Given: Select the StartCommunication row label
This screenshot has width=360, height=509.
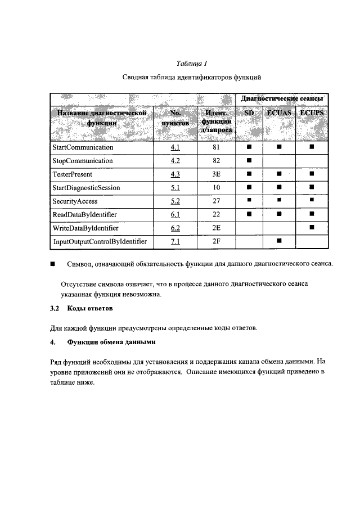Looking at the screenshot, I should click(x=83, y=147).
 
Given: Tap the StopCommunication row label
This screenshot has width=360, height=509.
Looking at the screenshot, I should click(x=82, y=161).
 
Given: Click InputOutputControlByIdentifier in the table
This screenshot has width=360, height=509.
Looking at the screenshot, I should click(x=100, y=241).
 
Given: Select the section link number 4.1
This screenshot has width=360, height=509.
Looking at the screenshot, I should click(x=174, y=147).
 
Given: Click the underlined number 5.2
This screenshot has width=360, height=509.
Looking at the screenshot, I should click(x=174, y=201).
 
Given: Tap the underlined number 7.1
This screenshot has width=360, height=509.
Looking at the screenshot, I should click(x=174, y=241).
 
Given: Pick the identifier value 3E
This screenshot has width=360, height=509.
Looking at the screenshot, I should click(x=215, y=174).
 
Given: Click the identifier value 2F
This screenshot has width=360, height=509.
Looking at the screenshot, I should click(x=215, y=241).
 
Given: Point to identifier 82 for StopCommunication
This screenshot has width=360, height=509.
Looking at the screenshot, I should click(x=215, y=161).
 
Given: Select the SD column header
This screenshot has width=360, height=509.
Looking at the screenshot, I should click(x=249, y=114).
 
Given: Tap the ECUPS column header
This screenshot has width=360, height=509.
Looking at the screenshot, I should click(x=312, y=114).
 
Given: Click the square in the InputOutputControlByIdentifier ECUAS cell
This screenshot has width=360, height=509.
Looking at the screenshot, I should click(x=278, y=241).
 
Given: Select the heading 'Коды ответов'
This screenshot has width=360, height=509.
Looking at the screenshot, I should click(x=90, y=309).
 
